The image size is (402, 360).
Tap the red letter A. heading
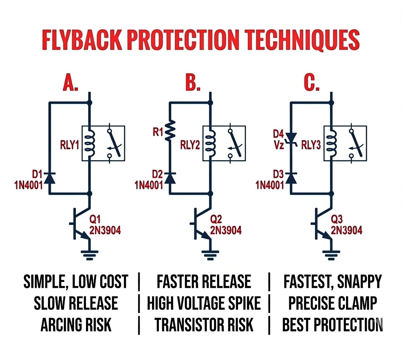coord(71,82)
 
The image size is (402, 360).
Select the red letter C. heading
coord(311,82)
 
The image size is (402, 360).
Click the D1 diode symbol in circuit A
coord(49,177)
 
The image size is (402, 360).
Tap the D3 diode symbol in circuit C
coord(291,177)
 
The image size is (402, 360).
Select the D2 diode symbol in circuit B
coord(170,177)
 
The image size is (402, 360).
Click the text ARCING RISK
coord(76,325)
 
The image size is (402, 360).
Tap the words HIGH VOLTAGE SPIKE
coord(203,303)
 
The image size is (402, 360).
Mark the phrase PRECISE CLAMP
coord(332,303)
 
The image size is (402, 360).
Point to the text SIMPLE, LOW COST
coord(76,282)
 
